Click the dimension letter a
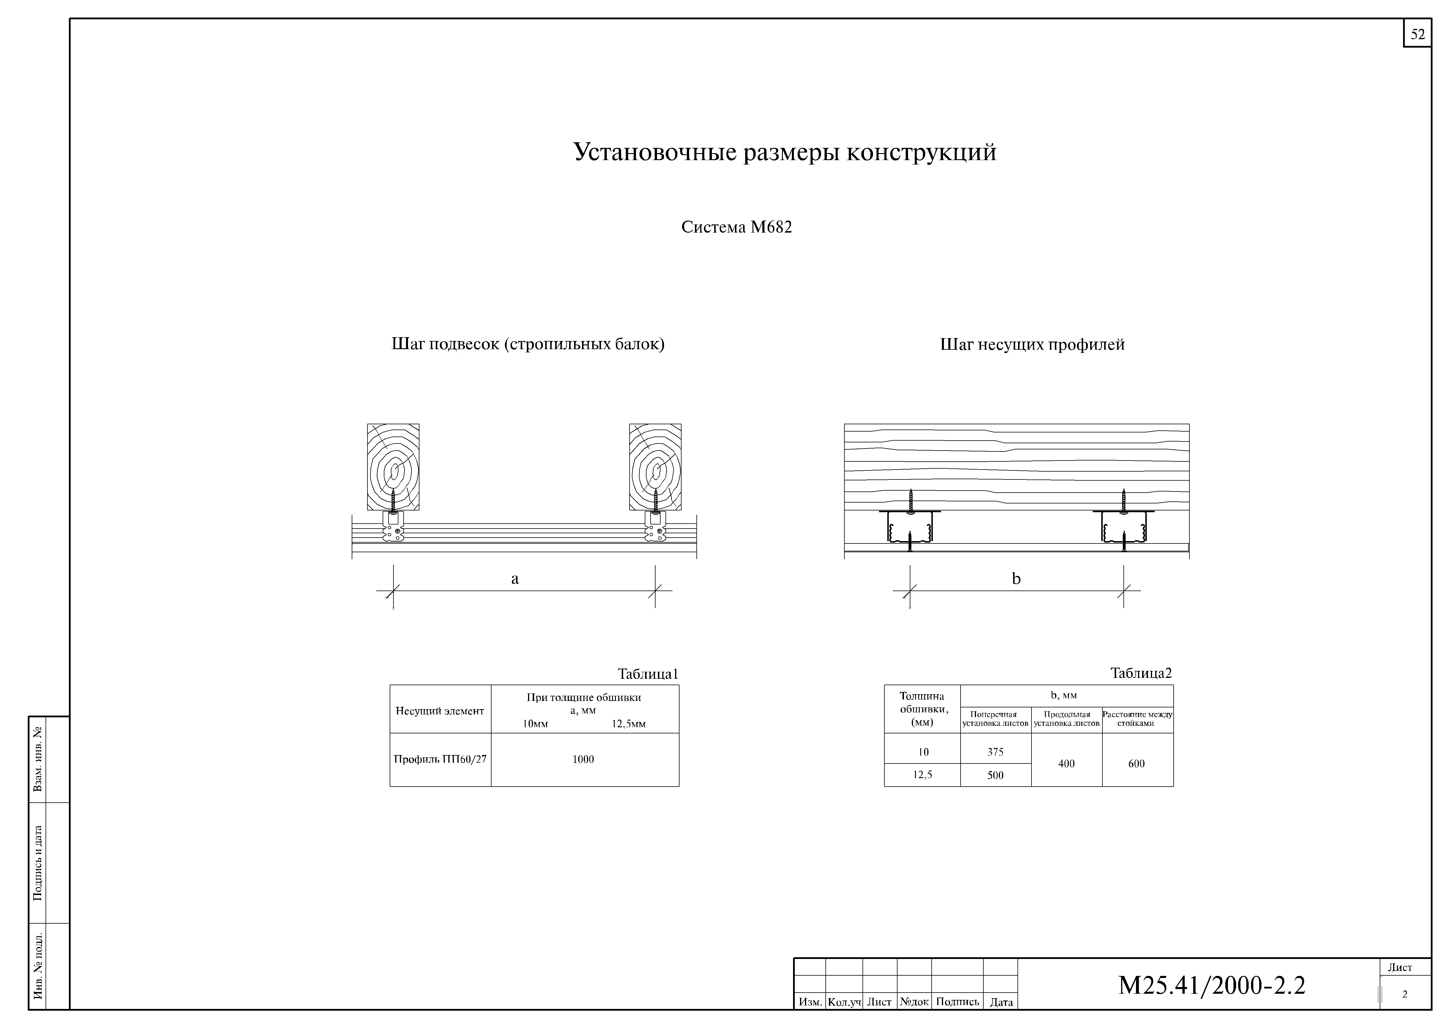click(x=515, y=579)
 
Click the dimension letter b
click(x=1016, y=579)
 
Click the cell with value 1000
click(x=583, y=759)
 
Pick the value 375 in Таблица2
click(x=995, y=752)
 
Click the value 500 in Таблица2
click(x=995, y=775)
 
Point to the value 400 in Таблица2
click(x=1067, y=764)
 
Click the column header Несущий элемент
click(x=440, y=711)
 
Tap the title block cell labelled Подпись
click(x=957, y=1002)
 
